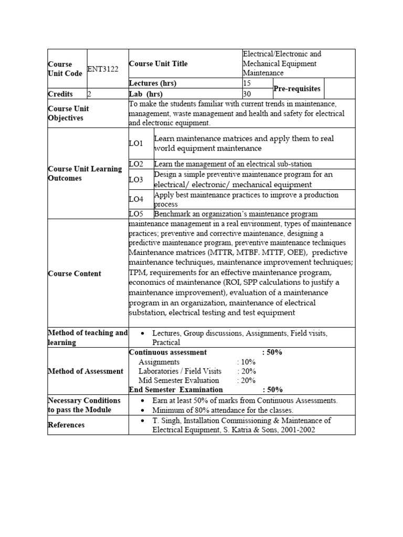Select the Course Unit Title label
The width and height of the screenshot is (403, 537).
pos(158,63)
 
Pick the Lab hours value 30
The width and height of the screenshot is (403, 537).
pos(247,94)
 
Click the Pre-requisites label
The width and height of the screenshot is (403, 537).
pos(296,89)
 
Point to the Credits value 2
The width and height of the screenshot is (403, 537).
pos(89,94)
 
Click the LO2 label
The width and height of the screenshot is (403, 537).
pos(136,164)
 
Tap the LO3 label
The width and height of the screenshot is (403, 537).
pos(136,179)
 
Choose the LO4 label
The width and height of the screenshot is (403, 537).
pos(136,199)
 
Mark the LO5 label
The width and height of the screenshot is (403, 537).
pos(136,214)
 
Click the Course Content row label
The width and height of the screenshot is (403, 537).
pos(74,273)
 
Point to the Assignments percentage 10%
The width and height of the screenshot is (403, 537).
pos(247,362)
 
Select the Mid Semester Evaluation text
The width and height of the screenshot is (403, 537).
pos(179,380)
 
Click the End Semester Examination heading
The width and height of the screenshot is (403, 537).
pos(176,390)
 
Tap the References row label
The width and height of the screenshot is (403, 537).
pos(66,425)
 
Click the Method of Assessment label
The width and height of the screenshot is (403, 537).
pos(86,371)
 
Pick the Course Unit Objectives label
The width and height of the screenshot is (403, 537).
pos(68,113)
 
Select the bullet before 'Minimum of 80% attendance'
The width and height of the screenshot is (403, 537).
pos(143,411)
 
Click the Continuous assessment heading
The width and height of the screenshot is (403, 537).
pos(168,352)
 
